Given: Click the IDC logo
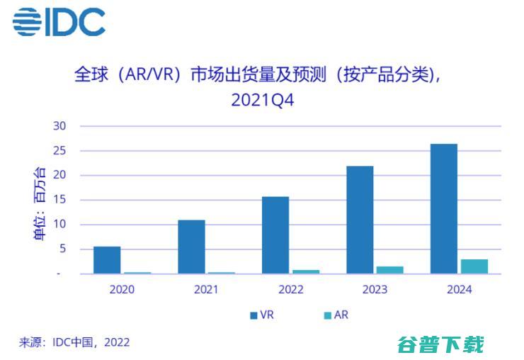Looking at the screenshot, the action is [59, 22].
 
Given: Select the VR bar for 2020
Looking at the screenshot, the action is [107, 260].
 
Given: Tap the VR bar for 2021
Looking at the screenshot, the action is [191, 247].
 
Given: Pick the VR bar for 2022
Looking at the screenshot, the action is [275, 235].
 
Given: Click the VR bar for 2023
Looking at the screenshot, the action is [360, 220].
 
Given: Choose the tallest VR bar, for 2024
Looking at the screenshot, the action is [444, 209].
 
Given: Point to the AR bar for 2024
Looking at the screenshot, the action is [474, 266].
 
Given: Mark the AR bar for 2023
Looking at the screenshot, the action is [390, 270].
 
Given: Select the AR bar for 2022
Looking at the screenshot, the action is [306, 271].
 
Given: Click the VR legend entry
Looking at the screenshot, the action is [262, 315].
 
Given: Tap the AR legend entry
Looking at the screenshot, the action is [336, 315].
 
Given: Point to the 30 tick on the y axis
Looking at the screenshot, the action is [59, 126].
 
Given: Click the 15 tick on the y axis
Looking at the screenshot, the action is [59, 200].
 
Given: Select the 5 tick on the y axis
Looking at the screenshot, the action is [62, 249].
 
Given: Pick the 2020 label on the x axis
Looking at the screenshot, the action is [122, 289].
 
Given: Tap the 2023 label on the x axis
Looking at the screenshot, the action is [375, 289].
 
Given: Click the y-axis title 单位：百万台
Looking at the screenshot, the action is [40, 203].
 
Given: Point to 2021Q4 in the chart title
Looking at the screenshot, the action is [263, 100].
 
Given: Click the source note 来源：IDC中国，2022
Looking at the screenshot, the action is [74, 342].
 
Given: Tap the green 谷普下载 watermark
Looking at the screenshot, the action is [440, 344].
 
